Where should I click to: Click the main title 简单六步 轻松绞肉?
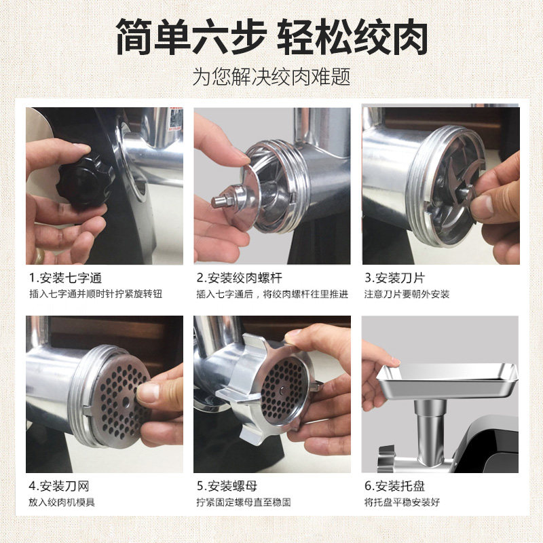click(271, 37)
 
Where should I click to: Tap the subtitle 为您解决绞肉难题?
click(271, 77)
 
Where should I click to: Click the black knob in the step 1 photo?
click(84, 180)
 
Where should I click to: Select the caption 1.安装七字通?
click(65, 278)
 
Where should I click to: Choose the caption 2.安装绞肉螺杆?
click(240, 278)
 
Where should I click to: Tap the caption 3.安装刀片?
click(394, 278)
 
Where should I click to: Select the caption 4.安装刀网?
click(59, 486)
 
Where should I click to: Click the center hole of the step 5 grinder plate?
click(282, 392)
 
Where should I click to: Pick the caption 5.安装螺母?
click(227, 486)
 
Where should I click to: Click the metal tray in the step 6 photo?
click(447, 381)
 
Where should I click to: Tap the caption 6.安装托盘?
click(394, 486)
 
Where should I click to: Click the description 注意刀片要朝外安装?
click(407, 295)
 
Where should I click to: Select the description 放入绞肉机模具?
click(62, 502)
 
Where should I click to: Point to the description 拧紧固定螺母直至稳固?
click(244, 502)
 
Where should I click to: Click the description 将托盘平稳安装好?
click(402, 502)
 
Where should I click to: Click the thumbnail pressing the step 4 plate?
click(148, 392)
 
